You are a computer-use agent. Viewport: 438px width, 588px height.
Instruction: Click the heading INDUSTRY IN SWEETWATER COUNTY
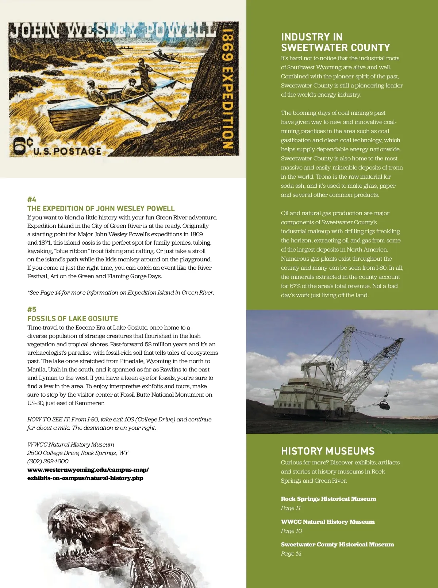(335, 42)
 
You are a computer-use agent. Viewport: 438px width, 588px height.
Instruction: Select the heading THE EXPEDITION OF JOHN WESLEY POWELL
(101, 209)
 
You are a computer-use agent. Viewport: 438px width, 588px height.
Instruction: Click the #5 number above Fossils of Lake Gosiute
(32, 309)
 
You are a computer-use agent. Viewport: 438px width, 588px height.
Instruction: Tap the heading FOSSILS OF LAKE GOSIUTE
(73, 319)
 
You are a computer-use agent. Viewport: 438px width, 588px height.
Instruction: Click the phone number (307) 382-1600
(48, 461)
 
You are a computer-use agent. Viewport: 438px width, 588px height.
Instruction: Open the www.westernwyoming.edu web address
(88, 474)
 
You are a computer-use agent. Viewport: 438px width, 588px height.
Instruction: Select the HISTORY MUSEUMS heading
(328, 451)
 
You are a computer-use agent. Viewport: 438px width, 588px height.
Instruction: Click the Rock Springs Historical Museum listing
(328, 499)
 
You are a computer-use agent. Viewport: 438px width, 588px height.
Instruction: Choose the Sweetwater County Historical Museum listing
(337, 544)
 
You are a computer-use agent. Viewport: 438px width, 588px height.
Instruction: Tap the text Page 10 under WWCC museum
(291, 531)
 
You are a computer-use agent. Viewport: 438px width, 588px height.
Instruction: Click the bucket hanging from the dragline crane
(384, 405)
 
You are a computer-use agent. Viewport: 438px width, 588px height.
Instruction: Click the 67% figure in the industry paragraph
(296, 286)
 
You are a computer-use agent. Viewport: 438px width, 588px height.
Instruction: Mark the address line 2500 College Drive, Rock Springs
(78, 453)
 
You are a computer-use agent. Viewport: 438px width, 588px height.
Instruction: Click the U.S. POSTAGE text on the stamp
(67, 151)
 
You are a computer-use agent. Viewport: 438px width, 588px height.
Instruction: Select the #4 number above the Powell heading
(32, 199)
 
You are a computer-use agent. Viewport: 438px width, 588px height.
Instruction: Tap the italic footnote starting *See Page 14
(120, 292)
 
